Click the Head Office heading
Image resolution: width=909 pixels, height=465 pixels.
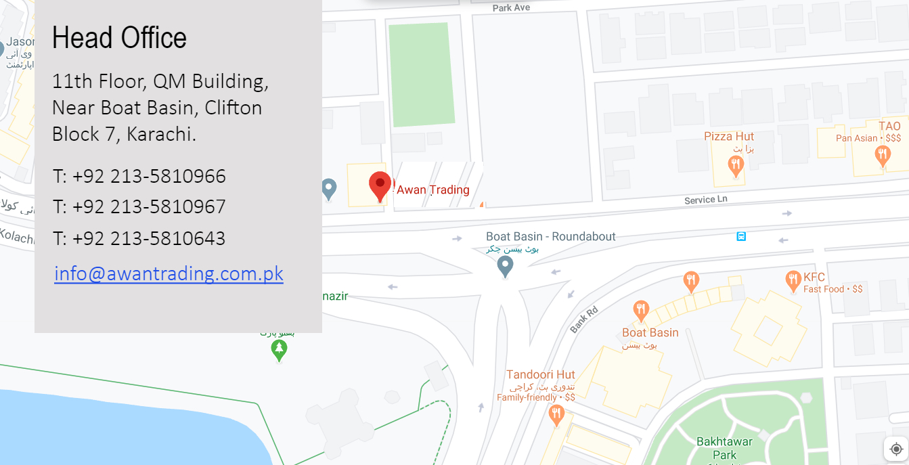pyautogui.click(x=119, y=38)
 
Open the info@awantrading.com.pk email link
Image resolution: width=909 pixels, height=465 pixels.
pyautogui.click(x=169, y=273)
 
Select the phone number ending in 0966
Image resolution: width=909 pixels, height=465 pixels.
pyautogui.click(x=139, y=176)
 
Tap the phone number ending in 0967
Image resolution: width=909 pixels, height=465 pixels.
pyautogui.click(x=139, y=206)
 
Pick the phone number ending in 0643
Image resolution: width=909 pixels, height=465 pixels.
pyautogui.click(x=139, y=238)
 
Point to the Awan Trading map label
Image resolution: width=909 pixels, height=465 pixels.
pyautogui.click(x=433, y=190)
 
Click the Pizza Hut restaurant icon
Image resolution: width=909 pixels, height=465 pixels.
pyautogui.click(x=736, y=164)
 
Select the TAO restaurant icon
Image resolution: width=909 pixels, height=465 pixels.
pyautogui.click(x=882, y=156)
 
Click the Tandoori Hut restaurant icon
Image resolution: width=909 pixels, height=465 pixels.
pyautogui.click(x=556, y=414)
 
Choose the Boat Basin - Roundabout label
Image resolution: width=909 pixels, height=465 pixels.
pyautogui.click(x=551, y=236)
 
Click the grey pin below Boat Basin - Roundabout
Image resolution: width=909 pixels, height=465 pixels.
pyautogui.click(x=505, y=266)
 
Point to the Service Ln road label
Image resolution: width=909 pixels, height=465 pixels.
pyautogui.click(x=705, y=200)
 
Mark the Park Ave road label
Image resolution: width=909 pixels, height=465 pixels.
pyautogui.click(x=511, y=7)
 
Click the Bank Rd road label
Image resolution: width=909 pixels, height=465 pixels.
pyautogui.click(x=583, y=319)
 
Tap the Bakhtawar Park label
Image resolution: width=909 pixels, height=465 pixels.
pyautogui.click(x=724, y=448)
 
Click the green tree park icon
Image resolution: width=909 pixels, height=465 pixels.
pyautogui.click(x=279, y=350)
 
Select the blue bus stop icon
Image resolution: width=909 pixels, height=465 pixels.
pyautogui.click(x=741, y=236)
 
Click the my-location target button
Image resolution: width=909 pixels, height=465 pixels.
pyautogui.click(x=896, y=449)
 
